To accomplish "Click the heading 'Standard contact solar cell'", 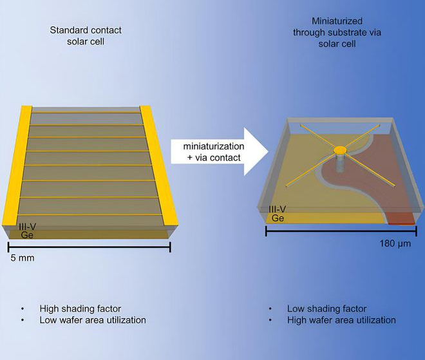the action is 86,36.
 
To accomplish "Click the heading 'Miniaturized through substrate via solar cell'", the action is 337,32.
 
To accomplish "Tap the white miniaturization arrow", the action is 220,152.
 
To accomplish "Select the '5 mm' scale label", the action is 23,258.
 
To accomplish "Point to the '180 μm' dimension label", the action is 395,243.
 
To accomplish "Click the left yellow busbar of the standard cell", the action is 17,166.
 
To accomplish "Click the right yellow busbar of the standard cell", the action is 158,166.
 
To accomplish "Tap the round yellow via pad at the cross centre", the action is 340,150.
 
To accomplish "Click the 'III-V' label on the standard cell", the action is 28,227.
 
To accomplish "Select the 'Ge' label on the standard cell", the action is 27,235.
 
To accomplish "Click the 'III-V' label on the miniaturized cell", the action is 278,209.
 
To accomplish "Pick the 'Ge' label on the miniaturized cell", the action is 278,218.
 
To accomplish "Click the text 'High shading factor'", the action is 80,308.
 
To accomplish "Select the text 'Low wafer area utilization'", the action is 93,320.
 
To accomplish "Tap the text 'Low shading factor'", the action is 327,308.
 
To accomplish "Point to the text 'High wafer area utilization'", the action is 341,320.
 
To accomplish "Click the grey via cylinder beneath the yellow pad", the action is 340,163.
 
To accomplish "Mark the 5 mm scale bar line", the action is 90,247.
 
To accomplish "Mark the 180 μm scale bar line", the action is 341,231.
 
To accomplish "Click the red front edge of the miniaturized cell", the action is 401,218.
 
